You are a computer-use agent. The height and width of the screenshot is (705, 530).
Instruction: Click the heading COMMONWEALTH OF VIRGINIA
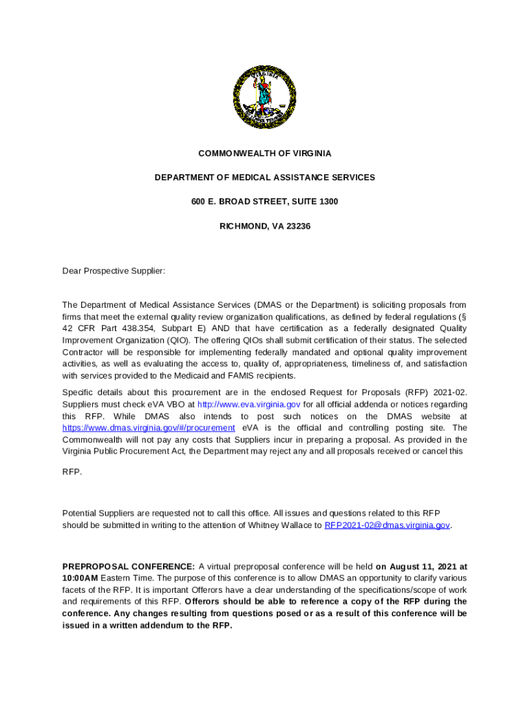264,154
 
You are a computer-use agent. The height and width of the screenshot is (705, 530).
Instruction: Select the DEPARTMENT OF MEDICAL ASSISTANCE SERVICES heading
264,178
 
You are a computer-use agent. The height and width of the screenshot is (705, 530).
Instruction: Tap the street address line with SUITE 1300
264,202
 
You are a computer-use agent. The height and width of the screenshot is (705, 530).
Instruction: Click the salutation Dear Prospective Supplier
114,271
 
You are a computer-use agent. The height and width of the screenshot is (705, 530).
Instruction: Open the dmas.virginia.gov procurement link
148,428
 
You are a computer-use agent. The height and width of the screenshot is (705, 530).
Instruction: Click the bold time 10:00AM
80,578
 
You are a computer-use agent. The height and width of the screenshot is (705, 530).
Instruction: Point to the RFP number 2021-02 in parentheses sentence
450,392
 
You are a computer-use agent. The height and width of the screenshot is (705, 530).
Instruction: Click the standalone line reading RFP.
72,472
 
